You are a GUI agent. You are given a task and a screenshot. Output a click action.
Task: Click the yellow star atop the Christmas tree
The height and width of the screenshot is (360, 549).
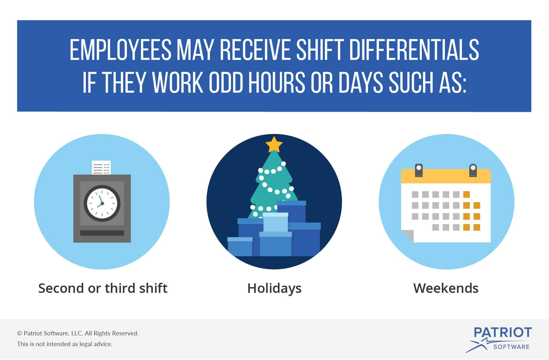pyautogui.click(x=274, y=145)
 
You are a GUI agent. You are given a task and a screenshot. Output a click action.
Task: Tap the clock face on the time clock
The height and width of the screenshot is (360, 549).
pyautogui.click(x=102, y=203)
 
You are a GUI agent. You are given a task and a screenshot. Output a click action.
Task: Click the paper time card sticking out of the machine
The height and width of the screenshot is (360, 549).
pyautogui.click(x=101, y=167)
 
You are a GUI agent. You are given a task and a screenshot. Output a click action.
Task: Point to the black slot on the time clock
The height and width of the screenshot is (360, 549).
pyautogui.click(x=102, y=233)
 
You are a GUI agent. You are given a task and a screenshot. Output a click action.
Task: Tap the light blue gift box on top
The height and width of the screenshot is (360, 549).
pyautogui.click(x=275, y=222)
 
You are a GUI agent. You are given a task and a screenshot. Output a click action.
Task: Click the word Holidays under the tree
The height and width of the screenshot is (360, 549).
pyautogui.click(x=274, y=288)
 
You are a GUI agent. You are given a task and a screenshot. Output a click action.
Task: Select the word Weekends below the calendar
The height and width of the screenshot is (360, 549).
pyautogui.click(x=446, y=288)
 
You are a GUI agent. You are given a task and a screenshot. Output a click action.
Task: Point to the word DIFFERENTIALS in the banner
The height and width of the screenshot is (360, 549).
pyautogui.click(x=414, y=50)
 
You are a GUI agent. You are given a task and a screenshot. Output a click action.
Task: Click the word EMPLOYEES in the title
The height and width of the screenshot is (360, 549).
pyautogui.click(x=121, y=50)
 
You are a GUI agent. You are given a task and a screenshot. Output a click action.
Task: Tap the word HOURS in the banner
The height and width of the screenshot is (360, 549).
pyautogui.click(x=276, y=83)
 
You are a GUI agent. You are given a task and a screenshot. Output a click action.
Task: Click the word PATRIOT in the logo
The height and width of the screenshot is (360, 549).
pyautogui.click(x=503, y=333)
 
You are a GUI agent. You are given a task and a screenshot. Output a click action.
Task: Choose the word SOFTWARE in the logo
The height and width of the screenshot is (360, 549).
pyautogui.click(x=511, y=347)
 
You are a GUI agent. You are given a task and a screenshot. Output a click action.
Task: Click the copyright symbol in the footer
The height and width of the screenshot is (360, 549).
pyautogui.click(x=20, y=334)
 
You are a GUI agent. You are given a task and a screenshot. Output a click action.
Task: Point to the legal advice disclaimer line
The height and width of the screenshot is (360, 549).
pyautogui.click(x=65, y=344)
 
